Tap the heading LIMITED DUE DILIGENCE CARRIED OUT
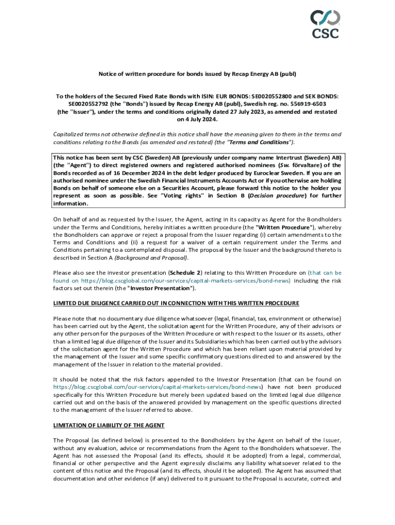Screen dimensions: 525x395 click(176, 303)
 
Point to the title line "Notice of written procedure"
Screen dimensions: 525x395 click(197, 74)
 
